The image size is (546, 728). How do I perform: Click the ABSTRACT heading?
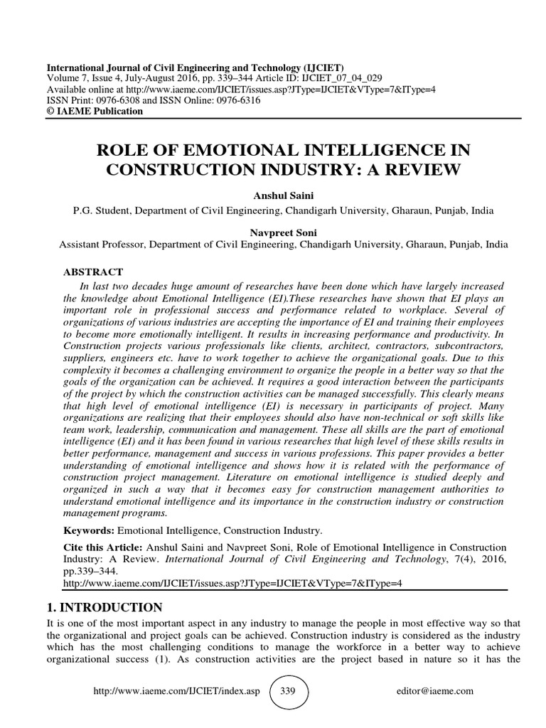pyautogui.click(x=94, y=272)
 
